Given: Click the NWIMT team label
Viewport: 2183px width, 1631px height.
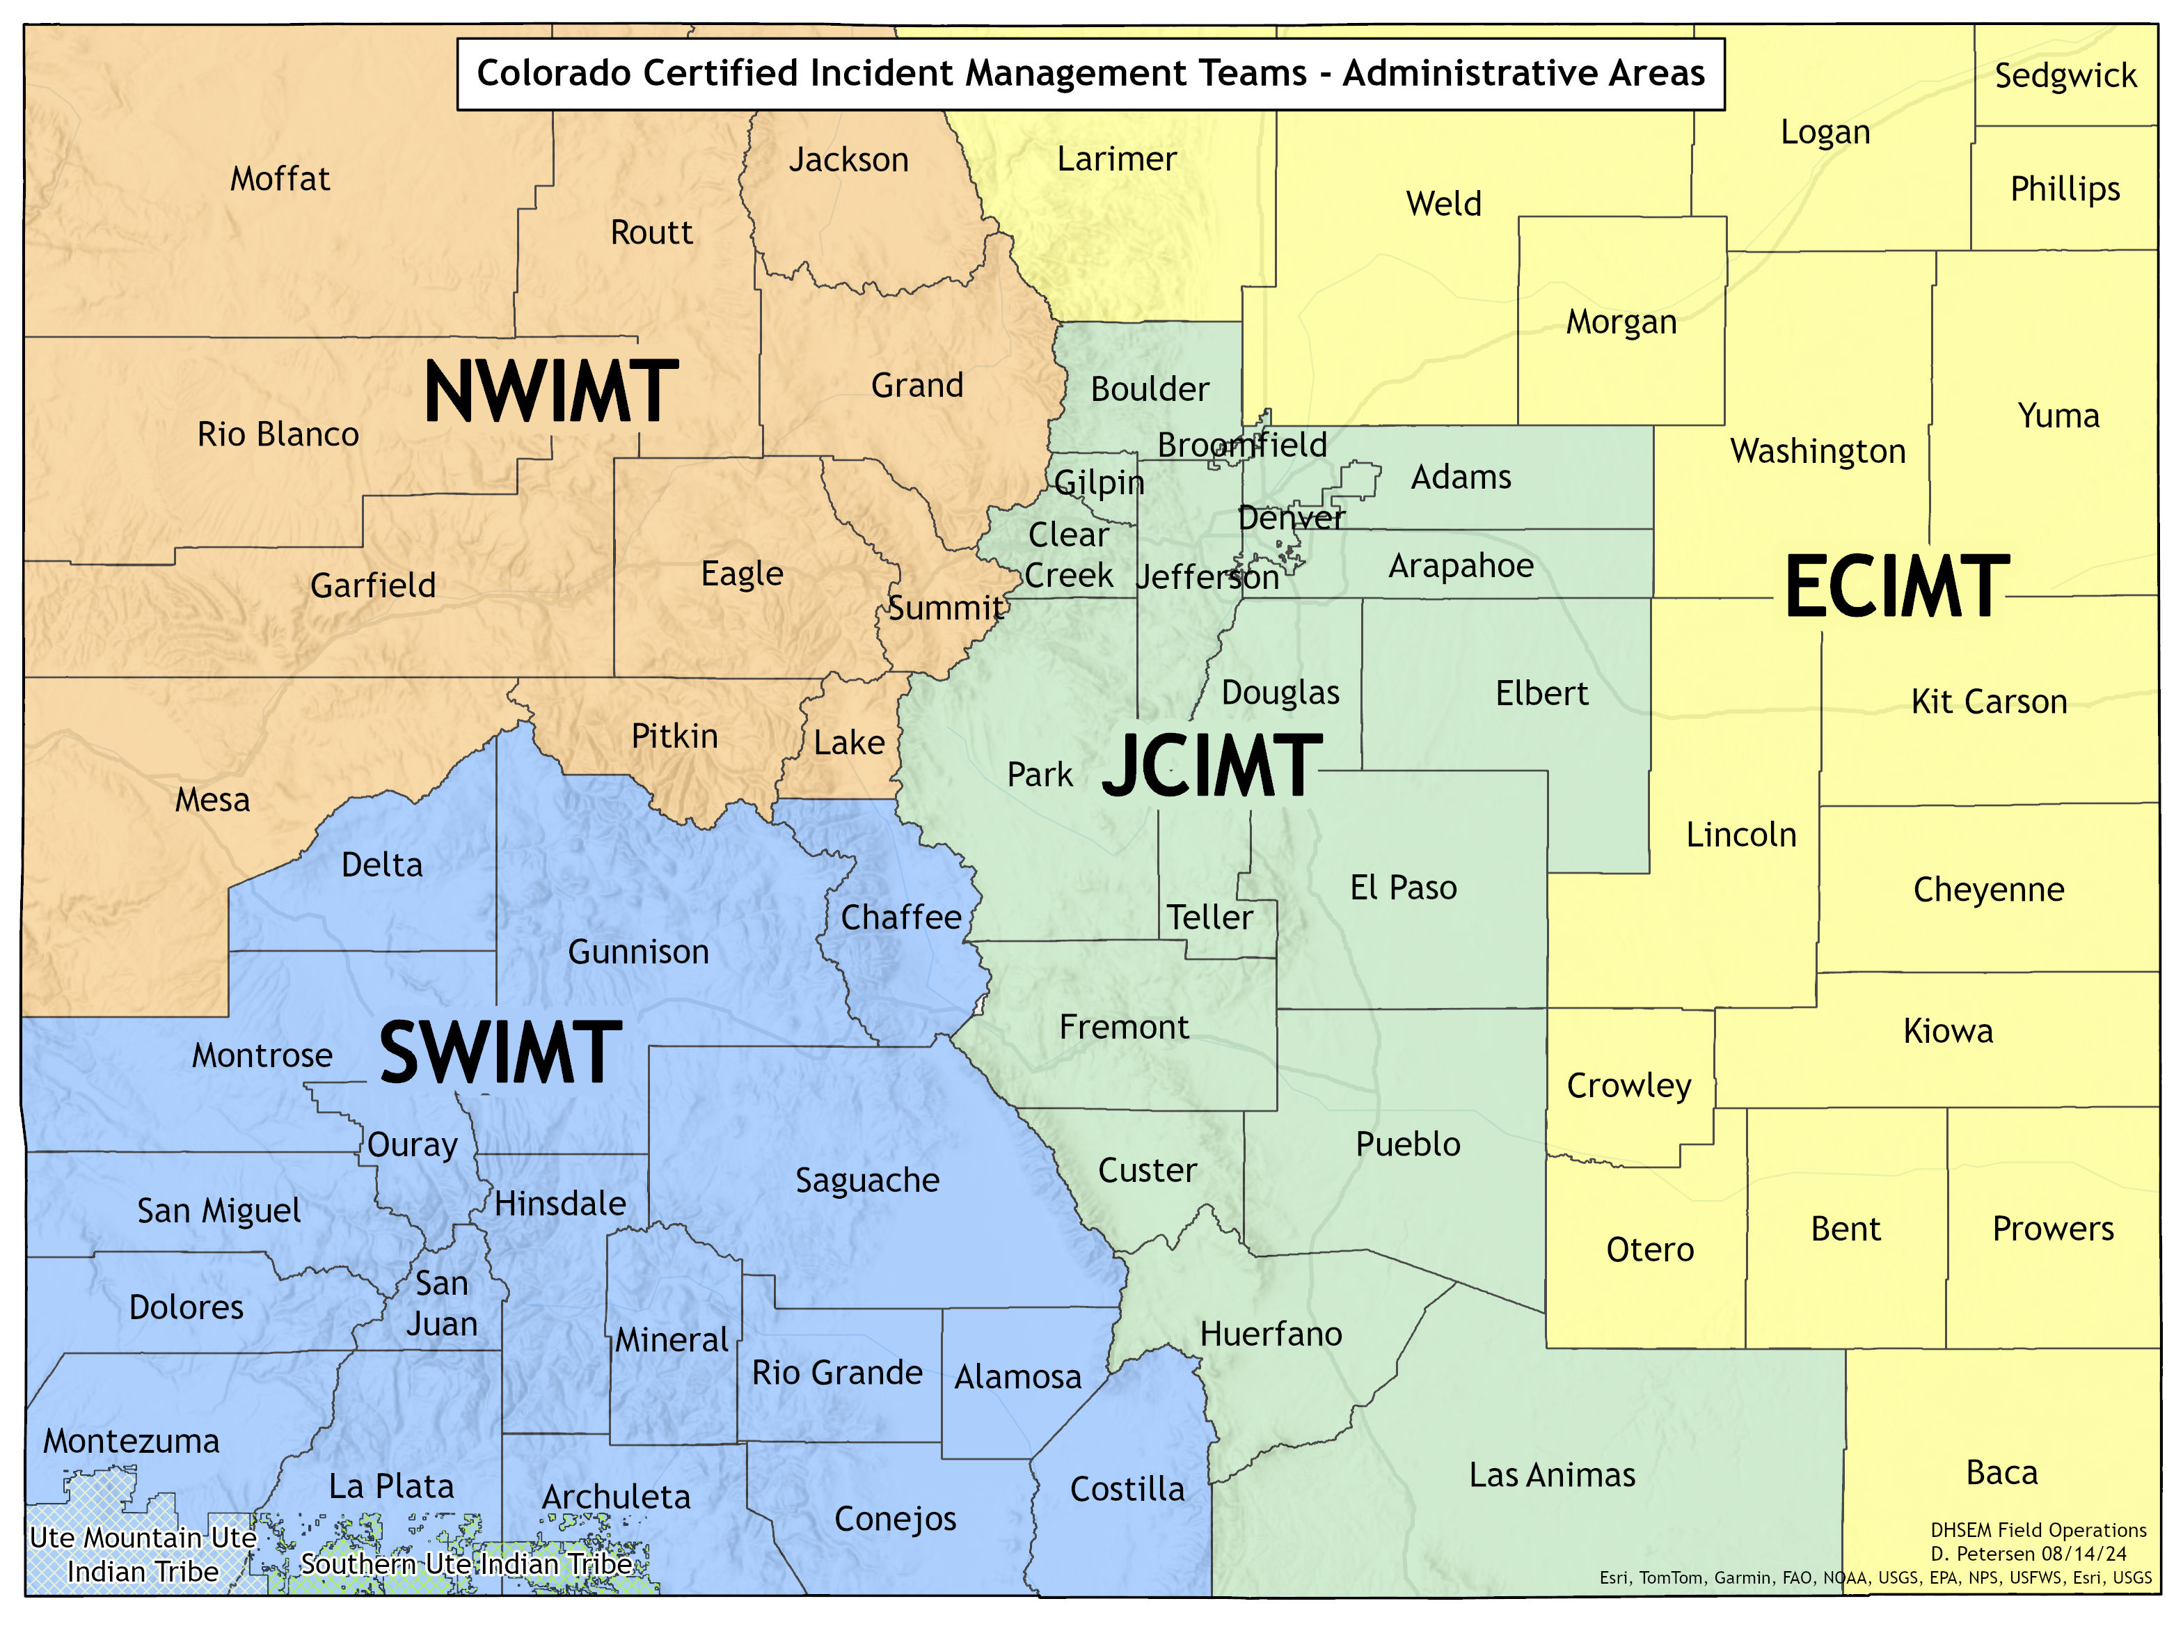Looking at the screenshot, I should [x=550, y=392].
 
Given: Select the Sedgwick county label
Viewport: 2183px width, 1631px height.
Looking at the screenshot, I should [x=2065, y=76].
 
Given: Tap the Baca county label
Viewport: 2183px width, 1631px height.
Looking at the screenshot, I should [x=2001, y=1472].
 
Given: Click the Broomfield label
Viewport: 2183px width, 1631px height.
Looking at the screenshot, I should [x=1241, y=446].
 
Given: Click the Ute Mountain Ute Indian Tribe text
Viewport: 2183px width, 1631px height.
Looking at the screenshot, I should [x=143, y=1554].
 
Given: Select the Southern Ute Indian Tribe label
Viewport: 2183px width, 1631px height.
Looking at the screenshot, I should [x=466, y=1564].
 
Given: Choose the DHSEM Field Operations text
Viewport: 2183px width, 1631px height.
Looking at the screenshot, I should [x=2038, y=1530].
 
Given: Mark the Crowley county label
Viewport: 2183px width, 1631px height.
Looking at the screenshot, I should [x=1628, y=1085].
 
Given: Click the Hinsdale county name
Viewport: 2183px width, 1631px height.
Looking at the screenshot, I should [x=559, y=1204].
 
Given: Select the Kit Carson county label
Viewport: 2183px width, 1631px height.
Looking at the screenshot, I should [x=1989, y=701].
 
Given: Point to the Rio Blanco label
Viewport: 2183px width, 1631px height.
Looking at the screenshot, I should [x=278, y=434].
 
